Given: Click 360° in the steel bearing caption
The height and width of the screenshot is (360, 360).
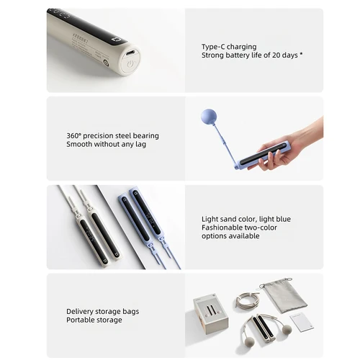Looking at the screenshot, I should (75, 135).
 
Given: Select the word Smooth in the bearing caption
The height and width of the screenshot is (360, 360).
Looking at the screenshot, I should (79, 144).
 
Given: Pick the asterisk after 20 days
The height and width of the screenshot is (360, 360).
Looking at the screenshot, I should (301, 54).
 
